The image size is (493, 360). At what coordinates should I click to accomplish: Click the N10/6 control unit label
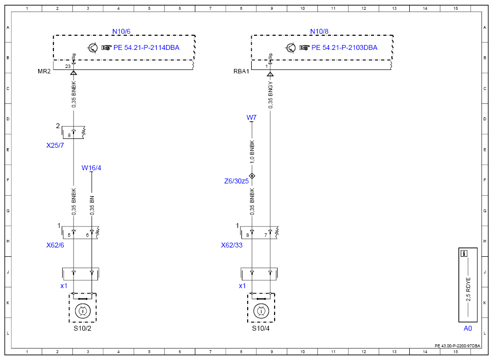121,31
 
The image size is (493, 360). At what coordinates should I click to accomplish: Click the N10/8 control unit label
319,31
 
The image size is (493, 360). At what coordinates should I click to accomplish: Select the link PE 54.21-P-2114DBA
146,48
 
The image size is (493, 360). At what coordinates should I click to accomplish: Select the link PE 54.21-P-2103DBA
344,48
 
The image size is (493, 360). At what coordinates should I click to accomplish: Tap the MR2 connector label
44,71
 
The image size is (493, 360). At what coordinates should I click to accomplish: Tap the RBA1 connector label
241,71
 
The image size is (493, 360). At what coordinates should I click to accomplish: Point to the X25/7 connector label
55,145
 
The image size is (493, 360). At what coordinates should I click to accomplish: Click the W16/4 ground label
91,168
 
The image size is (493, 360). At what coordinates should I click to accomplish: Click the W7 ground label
251,117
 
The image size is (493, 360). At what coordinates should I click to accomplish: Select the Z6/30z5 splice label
236,181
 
